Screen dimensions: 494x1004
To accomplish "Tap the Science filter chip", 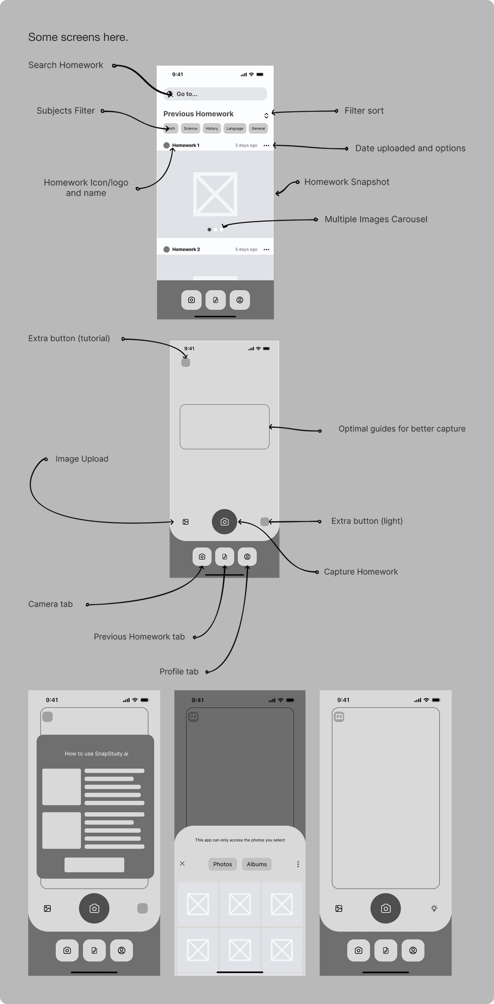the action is click(190, 129).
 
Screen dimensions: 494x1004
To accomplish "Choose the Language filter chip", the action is click(235, 129).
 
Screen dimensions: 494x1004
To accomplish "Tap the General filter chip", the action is click(258, 129).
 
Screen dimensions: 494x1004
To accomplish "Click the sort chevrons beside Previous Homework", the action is click(266, 115).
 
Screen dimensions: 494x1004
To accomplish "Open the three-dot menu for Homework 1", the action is click(266, 145).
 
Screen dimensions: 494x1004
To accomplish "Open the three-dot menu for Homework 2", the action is click(266, 249).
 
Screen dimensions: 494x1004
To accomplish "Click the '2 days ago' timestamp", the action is click(246, 145).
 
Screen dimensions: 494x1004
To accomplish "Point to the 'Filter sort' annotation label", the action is click(364, 111).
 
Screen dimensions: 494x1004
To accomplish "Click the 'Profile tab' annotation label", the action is click(179, 671).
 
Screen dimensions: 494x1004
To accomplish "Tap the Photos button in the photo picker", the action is click(222, 864).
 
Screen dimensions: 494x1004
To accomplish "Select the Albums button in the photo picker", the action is click(257, 864).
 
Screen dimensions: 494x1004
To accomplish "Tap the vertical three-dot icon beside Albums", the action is click(298, 864).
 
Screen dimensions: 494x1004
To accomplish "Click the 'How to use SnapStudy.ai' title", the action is click(96, 754).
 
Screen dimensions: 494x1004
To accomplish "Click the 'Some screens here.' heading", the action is click(78, 37).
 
